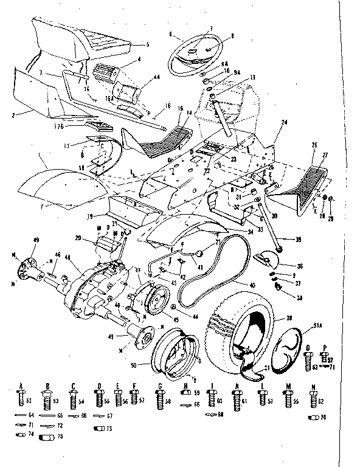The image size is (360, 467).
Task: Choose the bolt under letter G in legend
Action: (159, 400)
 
